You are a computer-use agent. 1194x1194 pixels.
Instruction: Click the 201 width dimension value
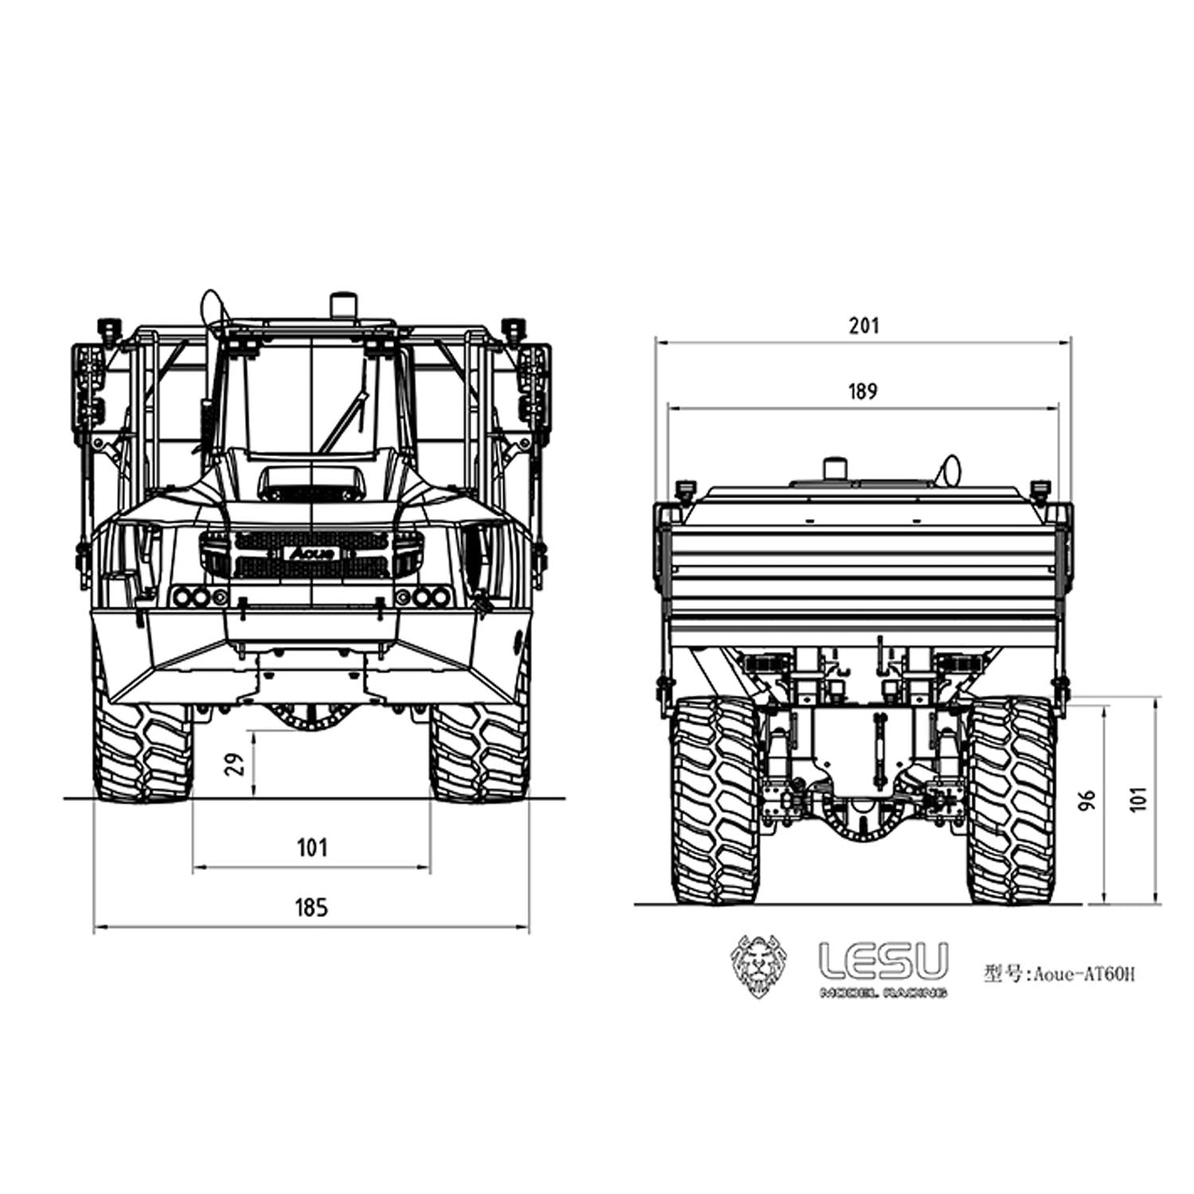864,326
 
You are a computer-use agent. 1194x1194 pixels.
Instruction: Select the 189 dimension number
863,392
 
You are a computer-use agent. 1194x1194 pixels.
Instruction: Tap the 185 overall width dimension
311,907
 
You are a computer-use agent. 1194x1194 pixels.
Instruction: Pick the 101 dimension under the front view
312,847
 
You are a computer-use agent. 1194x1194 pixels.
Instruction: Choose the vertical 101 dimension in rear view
1140,798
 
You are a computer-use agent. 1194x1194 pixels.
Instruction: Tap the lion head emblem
759,966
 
